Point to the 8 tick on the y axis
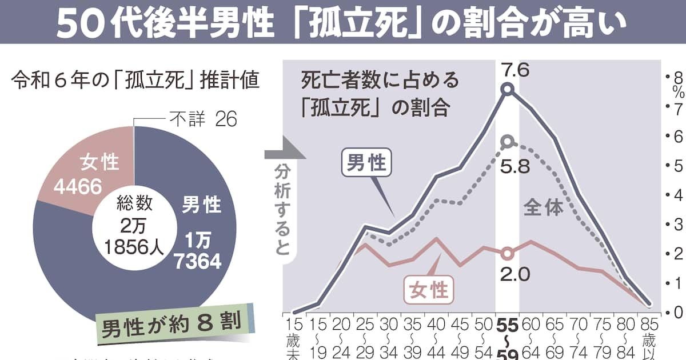click(x=678, y=78)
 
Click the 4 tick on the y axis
click(x=678, y=195)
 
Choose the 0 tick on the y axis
click(x=678, y=313)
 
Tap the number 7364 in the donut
click(x=198, y=261)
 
